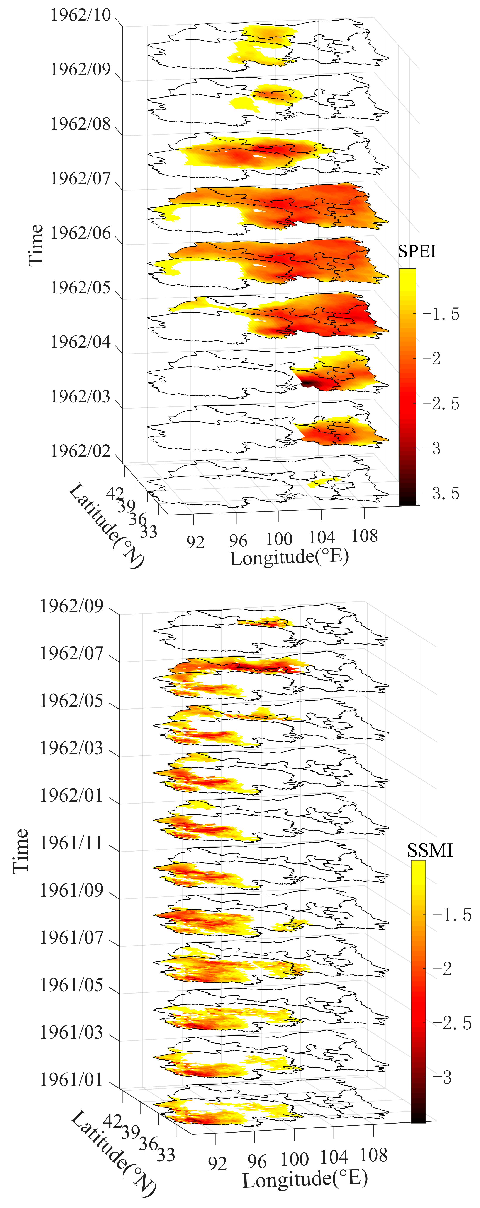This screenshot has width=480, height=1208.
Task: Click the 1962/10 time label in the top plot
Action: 81,15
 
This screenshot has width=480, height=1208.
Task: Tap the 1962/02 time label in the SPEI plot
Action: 81,451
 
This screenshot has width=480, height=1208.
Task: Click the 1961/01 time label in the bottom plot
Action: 71,1080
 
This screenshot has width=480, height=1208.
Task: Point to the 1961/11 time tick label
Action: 71,843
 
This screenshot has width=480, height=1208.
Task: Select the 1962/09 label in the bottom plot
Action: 71,606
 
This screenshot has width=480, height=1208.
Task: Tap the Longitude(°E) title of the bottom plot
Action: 305,1179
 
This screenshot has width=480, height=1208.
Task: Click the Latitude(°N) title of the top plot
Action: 106,525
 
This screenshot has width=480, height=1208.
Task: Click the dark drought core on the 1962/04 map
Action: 310,384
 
